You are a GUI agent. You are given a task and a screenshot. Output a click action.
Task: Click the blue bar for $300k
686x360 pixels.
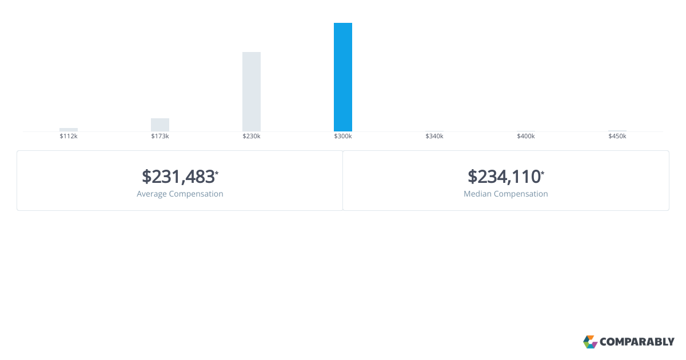click(x=342, y=77)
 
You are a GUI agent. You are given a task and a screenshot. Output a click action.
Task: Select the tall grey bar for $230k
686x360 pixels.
click(x=252, y=92)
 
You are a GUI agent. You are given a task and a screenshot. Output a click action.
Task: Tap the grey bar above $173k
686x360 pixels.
click(x=160, y=125)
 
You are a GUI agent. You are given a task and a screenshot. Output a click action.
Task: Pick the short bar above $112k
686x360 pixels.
click(x=69, y=130)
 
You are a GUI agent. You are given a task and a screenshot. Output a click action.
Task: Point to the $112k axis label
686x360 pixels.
click(x=69, y=136)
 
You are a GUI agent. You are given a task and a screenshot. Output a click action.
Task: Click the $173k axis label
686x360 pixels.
click(x=160, y=136)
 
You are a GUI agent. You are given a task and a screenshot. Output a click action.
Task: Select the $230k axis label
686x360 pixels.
click(x=252, y=136)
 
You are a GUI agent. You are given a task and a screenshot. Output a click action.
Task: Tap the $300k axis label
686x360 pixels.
click(x=342, y=136)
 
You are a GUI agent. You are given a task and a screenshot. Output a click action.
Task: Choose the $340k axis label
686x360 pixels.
click(x=434, y=136)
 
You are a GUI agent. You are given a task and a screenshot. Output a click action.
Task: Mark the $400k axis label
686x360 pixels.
click(x=526, y=136)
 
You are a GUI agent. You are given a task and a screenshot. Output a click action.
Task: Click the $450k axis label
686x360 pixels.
click(x=617, y=136)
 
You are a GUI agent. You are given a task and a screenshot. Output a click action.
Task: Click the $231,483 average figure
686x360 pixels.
click(x=178, y=177)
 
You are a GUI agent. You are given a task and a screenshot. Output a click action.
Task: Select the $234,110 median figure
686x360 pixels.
click(x=504, y=177)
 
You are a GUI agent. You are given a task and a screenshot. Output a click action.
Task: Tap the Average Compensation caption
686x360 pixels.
click(x=180, y=194)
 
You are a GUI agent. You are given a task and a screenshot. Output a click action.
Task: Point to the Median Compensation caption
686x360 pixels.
click(x=505, y=194)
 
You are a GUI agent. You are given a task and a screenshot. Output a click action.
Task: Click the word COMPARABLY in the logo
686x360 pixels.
click(x=637, y=342)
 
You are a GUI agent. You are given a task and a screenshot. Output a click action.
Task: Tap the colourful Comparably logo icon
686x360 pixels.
click(x=590, y=342)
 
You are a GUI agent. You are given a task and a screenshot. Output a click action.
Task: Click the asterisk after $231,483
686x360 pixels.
click(x=217, y=173)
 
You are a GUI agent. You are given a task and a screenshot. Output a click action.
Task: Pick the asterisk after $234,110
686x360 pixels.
click(x=543, y=173)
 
